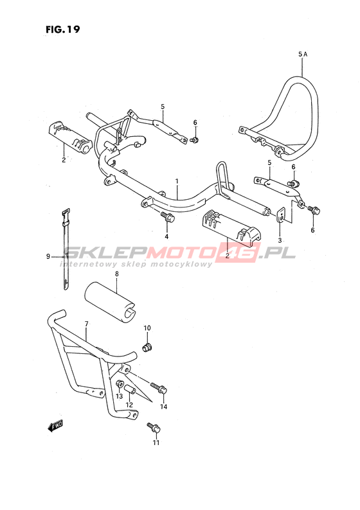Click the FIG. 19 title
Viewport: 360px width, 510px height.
click(x=62, y=30)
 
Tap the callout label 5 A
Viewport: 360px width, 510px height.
click(x=303, y=55)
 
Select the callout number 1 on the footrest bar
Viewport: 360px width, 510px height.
click(x=177, y=181)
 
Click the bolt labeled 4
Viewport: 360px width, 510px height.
click(x=167, y=217)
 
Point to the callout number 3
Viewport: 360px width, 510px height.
click(x=280, y=240)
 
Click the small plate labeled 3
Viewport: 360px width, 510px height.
click(x=280, y=215)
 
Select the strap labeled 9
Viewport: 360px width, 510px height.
click(x=66, y=249)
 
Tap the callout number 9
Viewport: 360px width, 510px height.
click(x=48, y=257)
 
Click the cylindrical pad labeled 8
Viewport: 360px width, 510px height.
click(x=110, y=302)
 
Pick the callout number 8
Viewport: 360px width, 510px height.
click(x=117, y=274)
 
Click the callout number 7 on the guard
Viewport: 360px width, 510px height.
click(x=86, y=324)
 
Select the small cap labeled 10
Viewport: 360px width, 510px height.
click(x=147, y=347)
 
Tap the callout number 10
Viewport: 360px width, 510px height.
click(x=147, y=328)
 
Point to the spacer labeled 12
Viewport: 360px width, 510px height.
click(x=130, y=389)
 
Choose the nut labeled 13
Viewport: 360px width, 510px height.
click(x=120, y=384)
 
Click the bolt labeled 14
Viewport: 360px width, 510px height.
click(x=159, y=388)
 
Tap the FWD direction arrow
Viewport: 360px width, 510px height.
click(x=55, y=426)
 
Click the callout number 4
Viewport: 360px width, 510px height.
click(x=166, y=236)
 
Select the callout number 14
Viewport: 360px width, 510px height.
click(x=163, y=407)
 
